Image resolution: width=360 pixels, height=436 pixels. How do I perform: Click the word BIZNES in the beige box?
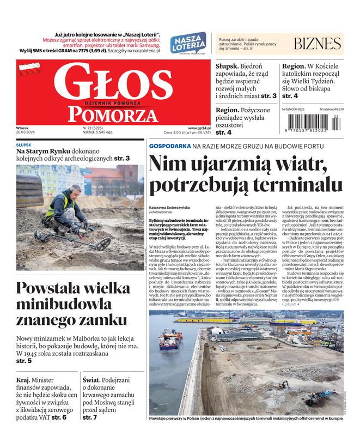click(317, 44)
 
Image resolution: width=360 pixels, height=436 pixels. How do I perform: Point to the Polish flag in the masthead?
click(30, 69)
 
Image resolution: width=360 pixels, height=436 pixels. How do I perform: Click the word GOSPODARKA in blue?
click(169, 147)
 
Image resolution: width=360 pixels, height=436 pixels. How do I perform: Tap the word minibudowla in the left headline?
click(64, 304)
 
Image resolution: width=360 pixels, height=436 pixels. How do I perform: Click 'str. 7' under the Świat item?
click(89, 417)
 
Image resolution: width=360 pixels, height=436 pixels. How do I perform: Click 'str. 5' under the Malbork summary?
click(23, 360)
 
